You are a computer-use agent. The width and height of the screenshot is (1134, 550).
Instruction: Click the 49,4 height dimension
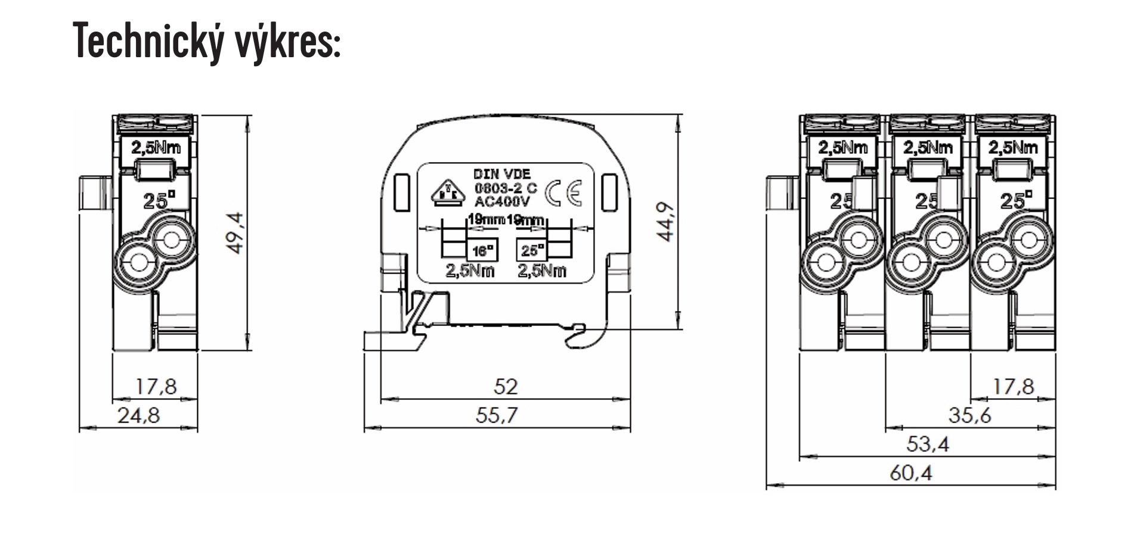236,233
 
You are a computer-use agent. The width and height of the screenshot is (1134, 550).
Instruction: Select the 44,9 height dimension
666,222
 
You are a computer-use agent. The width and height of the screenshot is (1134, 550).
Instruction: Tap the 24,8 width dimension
138,415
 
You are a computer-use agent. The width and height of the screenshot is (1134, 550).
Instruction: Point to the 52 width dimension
506,387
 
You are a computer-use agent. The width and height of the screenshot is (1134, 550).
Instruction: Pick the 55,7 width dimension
497,415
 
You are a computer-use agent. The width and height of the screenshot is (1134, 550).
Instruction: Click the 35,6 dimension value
969,415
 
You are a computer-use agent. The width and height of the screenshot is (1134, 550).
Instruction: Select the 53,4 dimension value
928,444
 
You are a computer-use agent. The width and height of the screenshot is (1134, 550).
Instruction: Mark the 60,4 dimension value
910,473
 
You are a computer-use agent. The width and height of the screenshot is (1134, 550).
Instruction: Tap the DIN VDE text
501,174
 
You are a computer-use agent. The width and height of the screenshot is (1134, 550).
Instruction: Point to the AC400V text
501,201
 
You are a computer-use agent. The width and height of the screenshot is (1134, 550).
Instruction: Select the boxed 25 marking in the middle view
531,250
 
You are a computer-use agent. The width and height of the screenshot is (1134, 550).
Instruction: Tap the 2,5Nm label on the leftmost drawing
156,147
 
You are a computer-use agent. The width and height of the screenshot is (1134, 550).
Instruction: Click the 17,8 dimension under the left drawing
156,387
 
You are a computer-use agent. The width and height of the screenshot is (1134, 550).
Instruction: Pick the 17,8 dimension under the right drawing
1012,387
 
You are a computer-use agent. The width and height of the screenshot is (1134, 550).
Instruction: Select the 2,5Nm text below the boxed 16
470,271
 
